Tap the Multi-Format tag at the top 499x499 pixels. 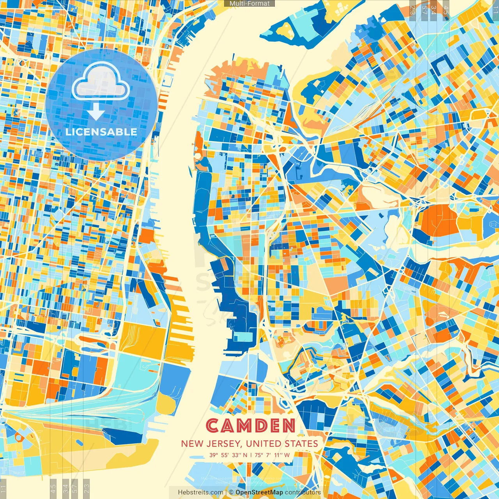(x=249, y=4)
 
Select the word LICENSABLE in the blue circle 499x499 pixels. (x=101, y=132)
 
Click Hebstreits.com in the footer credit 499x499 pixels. (x=201, y=492)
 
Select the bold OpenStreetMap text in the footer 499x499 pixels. (x=259, y=492)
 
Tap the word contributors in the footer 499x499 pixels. (x=303, y=492)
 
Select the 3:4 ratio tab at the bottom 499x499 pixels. (x=65, y=488)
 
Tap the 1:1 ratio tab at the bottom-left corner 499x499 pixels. (x=3, y=489)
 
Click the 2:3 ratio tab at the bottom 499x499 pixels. (x=87, y=488)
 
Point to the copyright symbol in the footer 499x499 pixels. (x=231, y=492)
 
